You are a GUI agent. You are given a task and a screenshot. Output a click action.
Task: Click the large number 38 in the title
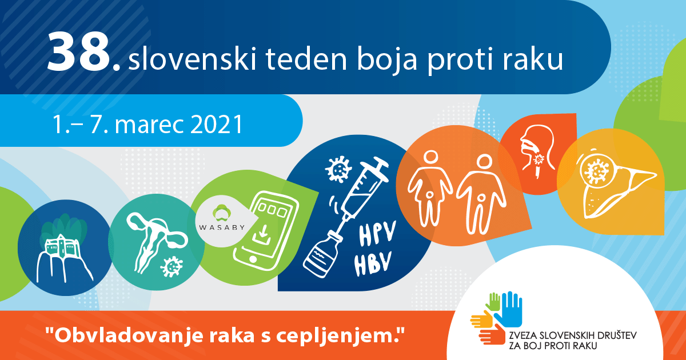pyautogui.click(x=78, y=53)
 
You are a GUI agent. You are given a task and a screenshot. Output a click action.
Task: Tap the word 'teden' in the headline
pyautogui.click(x=306, y=59)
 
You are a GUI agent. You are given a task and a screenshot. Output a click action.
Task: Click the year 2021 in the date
pyautogui.click(x=217, y=125)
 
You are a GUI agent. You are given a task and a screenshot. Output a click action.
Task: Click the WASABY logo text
pyautogui.click(x=222, y=227)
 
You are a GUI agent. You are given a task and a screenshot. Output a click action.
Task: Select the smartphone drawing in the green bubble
pyautogui.click(x=266, y=230)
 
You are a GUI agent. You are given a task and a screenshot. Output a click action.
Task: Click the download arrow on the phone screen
pyautogui.click(x=263, y=234)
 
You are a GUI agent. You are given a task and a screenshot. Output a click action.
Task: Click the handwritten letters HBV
pyautogui.click(x=373, y=263)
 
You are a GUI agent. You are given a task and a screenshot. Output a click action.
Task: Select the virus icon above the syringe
pyautogui.click(x=338, y=169)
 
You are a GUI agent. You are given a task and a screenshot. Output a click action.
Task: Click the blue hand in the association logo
pyautogui.click(x=508, y=310)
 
